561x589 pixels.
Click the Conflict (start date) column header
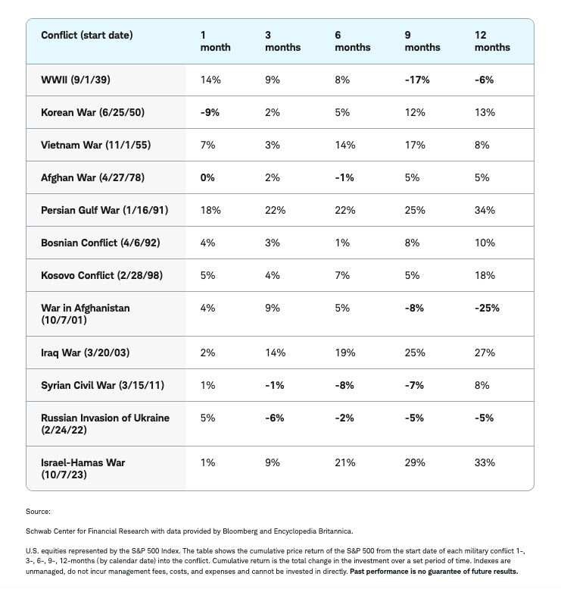86,36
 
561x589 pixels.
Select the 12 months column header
492,42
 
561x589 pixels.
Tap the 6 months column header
353,42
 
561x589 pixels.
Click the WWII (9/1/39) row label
76,80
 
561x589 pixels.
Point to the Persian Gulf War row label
104,211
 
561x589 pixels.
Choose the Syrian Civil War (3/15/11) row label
102,385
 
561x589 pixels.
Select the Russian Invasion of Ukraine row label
105,424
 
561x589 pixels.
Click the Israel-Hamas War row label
83,468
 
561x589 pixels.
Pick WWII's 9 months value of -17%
417,80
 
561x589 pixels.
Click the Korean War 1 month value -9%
210,113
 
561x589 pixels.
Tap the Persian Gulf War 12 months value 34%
485,211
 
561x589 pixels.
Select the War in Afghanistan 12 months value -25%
487,308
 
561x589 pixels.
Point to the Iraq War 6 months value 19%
345,352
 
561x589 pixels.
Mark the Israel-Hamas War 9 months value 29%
415,462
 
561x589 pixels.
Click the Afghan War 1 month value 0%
207,177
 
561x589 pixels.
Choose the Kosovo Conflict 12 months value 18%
485,275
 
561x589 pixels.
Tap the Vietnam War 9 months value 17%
415,145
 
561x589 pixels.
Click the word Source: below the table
39,512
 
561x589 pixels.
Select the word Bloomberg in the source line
240,531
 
